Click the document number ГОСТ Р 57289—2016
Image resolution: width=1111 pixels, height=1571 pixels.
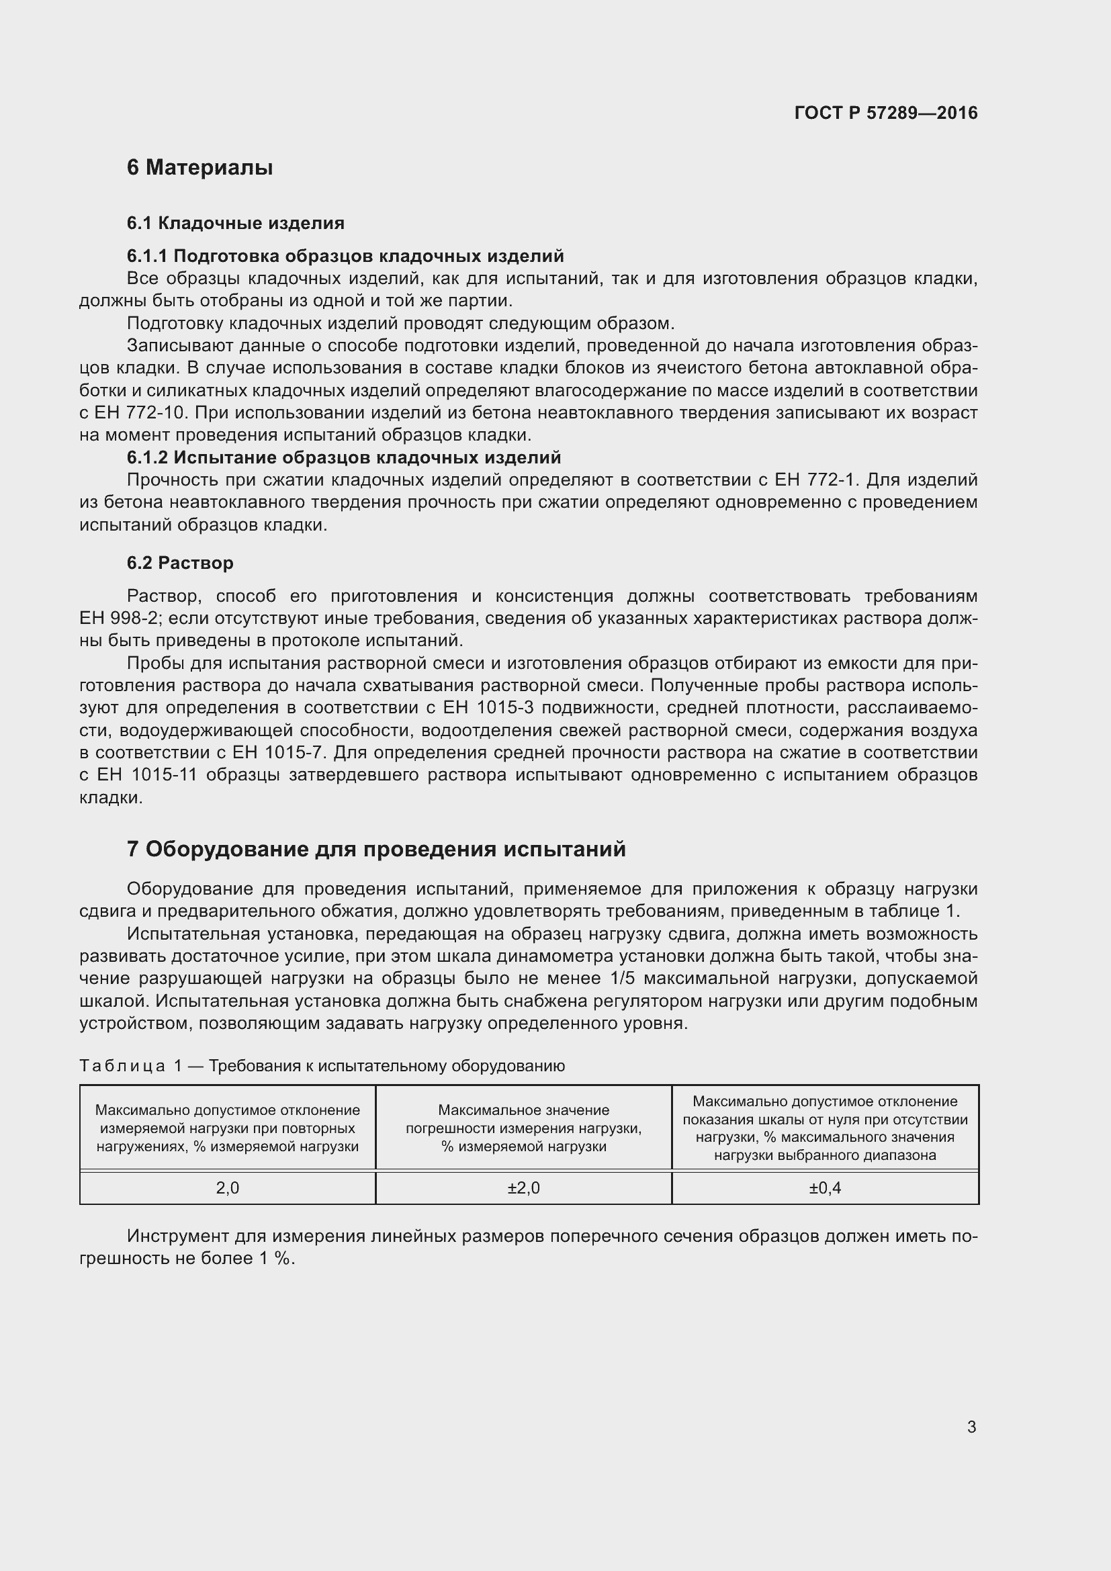(885, 113)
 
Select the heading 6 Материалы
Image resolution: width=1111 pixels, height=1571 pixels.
(199, 167)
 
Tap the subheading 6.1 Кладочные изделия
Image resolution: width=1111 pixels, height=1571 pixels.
(235, 223)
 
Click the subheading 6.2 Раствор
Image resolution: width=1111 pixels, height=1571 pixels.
(180, 562)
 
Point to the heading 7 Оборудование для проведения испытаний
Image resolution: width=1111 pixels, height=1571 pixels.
(376, 849)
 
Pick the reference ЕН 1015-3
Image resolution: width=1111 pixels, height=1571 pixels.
(492, 707)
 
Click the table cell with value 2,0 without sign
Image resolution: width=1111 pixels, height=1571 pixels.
(227, 1188)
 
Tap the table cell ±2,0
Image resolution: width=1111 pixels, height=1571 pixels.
(523, 1188)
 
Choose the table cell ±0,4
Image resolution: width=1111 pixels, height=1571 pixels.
(824, 1188)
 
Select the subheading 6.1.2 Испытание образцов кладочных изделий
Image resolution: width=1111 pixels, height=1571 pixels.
(343, 457)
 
